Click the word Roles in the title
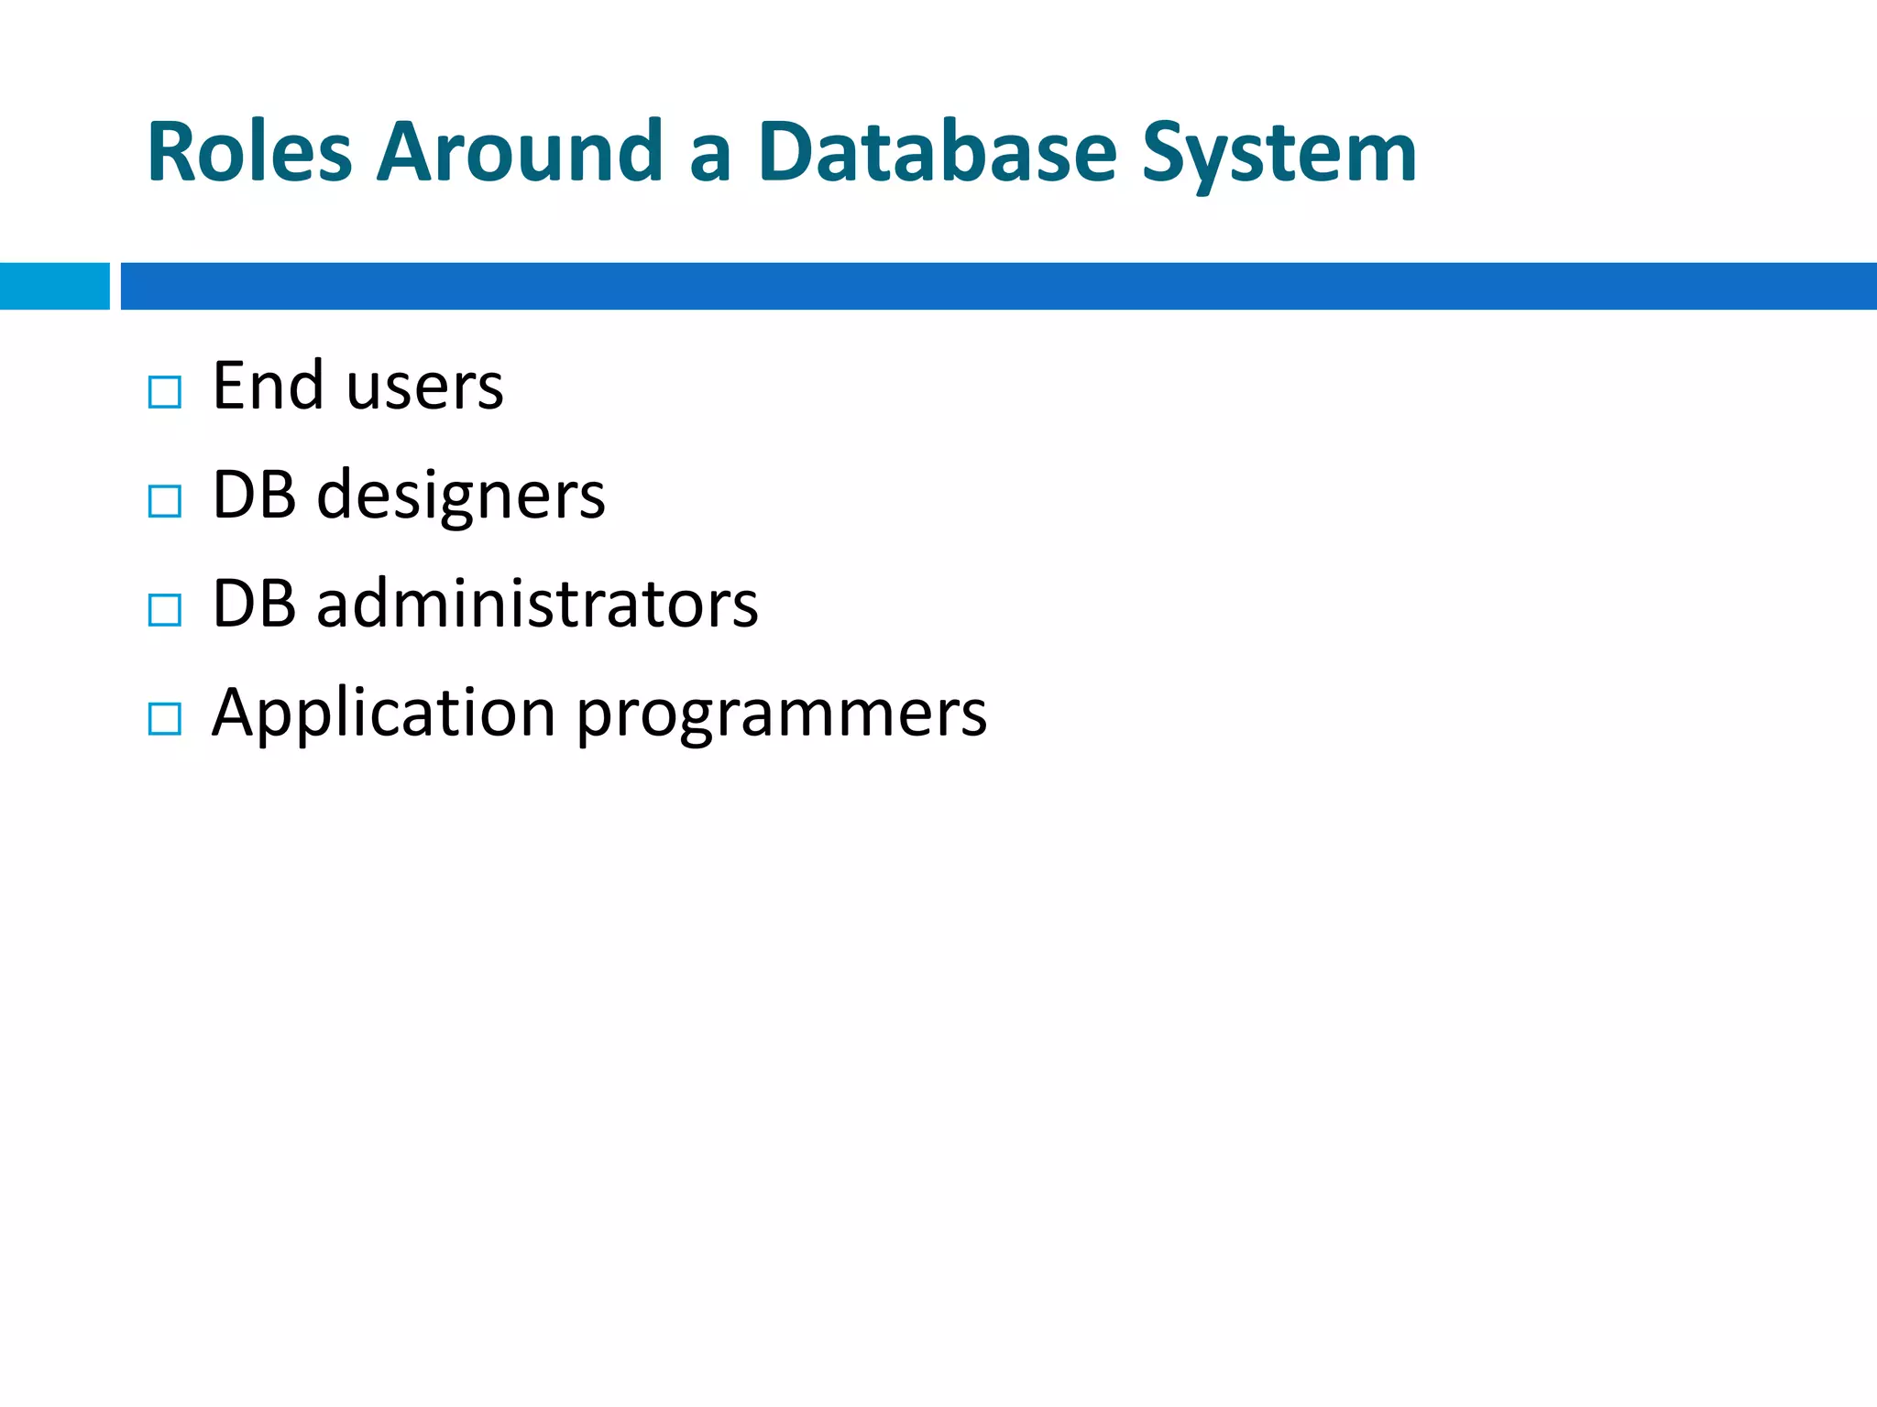tap(249, 152)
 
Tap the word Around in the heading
tap(520, 152)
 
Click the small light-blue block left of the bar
tap(54, 286)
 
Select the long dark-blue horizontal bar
tap(998, 286)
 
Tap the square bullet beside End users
tap(165, 392)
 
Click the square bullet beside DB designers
tap(165, 501)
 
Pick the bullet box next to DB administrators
tap(165, 610)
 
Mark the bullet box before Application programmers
tap(165, 719)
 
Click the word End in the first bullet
tap(268, 386)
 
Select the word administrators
tap(537, 605)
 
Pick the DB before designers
tap(254, 496)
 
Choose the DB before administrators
tap(254, 605)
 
